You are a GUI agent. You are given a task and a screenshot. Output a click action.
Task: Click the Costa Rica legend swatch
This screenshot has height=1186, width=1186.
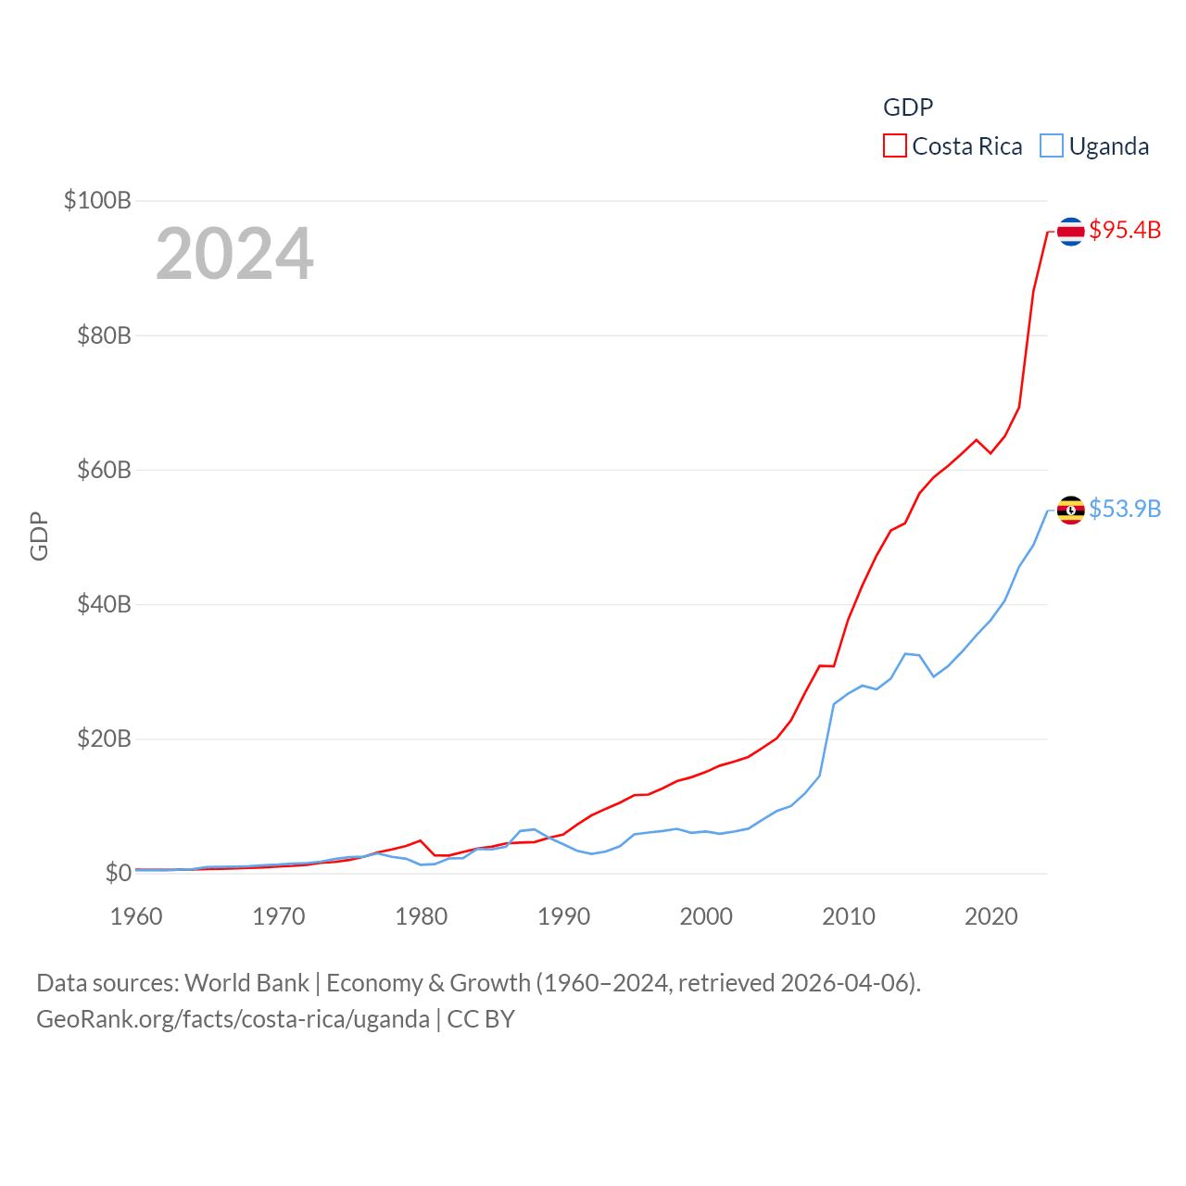coord(894,146)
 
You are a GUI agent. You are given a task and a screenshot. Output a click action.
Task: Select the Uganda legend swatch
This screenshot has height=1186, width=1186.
coord(1051,146)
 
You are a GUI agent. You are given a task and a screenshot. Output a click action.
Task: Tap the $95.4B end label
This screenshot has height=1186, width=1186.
coord(1125,230)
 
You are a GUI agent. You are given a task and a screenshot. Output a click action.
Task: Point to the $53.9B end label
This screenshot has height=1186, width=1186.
coord(1125,509)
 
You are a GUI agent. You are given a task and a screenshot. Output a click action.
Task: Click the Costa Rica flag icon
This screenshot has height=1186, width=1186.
coord(1071,231)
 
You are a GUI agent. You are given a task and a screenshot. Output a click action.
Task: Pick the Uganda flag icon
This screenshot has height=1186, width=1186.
coord(1071,510)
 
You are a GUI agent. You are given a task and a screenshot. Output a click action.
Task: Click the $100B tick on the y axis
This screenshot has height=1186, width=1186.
coord(97,200)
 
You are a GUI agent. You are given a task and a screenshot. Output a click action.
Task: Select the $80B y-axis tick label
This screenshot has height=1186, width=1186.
coord(104,335)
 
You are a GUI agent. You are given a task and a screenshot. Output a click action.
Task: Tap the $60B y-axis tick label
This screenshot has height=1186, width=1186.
coord(104,470)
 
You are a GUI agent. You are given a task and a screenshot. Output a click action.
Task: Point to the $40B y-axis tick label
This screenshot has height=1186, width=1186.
coord(104,604)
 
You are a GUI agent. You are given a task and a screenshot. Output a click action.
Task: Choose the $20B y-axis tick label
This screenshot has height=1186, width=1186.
coord(104,738)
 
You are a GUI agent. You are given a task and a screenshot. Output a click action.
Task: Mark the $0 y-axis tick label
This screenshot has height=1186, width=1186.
coord(118,873)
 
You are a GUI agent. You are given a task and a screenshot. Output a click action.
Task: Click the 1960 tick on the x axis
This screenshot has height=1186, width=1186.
coord(136,916)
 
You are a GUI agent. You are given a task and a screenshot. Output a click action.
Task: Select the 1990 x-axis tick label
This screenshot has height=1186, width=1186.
coord(563,916)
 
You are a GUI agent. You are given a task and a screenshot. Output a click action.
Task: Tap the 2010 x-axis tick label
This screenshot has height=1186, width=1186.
coord(849,916)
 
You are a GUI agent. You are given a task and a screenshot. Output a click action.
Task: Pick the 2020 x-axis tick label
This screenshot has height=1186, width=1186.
coord(991,916)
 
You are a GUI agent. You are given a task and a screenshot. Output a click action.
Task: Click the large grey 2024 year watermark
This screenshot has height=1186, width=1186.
coord(234,254)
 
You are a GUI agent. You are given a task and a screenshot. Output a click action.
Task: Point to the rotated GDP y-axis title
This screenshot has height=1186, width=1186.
coord(39,536)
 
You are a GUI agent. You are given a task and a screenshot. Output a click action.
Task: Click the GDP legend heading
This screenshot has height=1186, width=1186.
coord(908,107)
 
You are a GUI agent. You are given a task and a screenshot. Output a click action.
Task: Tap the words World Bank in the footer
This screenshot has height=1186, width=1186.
coord(246,983)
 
